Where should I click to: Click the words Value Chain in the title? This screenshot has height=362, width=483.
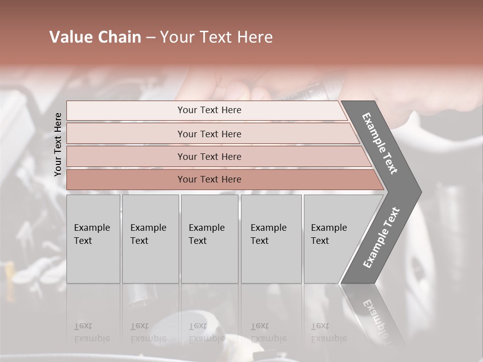pos(95,37)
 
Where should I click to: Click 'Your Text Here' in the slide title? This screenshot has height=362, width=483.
pos(216,37)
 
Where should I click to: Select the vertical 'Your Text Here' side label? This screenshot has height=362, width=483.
pos(58,144)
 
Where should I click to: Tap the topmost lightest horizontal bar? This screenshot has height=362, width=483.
pos(209,110)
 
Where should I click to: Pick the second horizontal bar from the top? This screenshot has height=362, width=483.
pos(209,134)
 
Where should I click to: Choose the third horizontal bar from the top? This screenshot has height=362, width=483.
pos(209,156)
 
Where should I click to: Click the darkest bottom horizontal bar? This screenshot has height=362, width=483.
pos(209,179)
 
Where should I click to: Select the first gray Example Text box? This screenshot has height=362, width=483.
pos(93,239)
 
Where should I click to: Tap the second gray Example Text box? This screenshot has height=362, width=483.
pos(150,239)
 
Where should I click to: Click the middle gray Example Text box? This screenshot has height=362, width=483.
pos(209,239)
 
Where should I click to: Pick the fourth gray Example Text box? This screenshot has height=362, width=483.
pos(271,239)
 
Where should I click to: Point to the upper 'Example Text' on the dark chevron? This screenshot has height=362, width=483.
pos(380,144)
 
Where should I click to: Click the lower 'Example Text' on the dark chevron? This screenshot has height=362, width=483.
pos(381,237)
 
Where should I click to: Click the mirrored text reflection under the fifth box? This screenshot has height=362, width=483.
pos(329,332)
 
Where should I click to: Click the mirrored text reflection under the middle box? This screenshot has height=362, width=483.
pos(206,332)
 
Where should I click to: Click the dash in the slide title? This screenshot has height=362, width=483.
pos(150,38)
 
